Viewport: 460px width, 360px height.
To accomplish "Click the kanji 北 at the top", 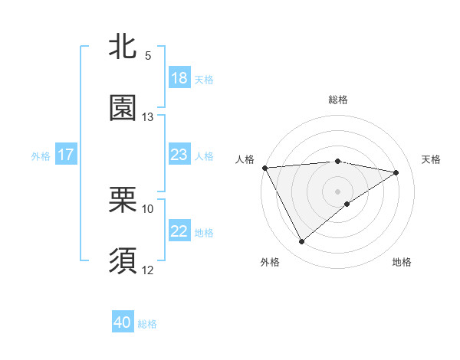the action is [123, 47].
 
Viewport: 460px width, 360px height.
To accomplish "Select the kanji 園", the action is [123, 108].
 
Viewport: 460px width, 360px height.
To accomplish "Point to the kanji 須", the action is [123, 260].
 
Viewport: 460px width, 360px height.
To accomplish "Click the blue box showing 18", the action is [179, 78].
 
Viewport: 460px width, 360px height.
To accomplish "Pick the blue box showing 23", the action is [179, 155].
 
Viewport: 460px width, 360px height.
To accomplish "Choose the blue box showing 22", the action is [179, 231].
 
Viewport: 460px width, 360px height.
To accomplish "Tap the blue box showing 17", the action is [66, 155].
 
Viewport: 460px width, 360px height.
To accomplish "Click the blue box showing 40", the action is [123, 322].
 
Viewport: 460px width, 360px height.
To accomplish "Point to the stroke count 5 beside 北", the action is [147, 56].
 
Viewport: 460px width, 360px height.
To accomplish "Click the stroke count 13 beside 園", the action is [148, 117].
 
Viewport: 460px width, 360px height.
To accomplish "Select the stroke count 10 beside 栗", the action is [148, 208].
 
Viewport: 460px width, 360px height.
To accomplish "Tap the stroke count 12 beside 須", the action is [148, 270].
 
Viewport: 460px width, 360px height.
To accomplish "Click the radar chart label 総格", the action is [337, 100].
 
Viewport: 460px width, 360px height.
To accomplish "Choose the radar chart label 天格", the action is [431, 159].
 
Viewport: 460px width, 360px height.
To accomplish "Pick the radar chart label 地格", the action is [402, 262].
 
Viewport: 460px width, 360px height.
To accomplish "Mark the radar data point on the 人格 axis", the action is [264, 168].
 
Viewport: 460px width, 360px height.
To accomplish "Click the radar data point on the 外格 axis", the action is [301, 242].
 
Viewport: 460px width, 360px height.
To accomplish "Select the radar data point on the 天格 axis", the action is [396, 172].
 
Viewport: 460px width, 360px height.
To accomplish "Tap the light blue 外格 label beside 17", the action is [40, 155].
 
